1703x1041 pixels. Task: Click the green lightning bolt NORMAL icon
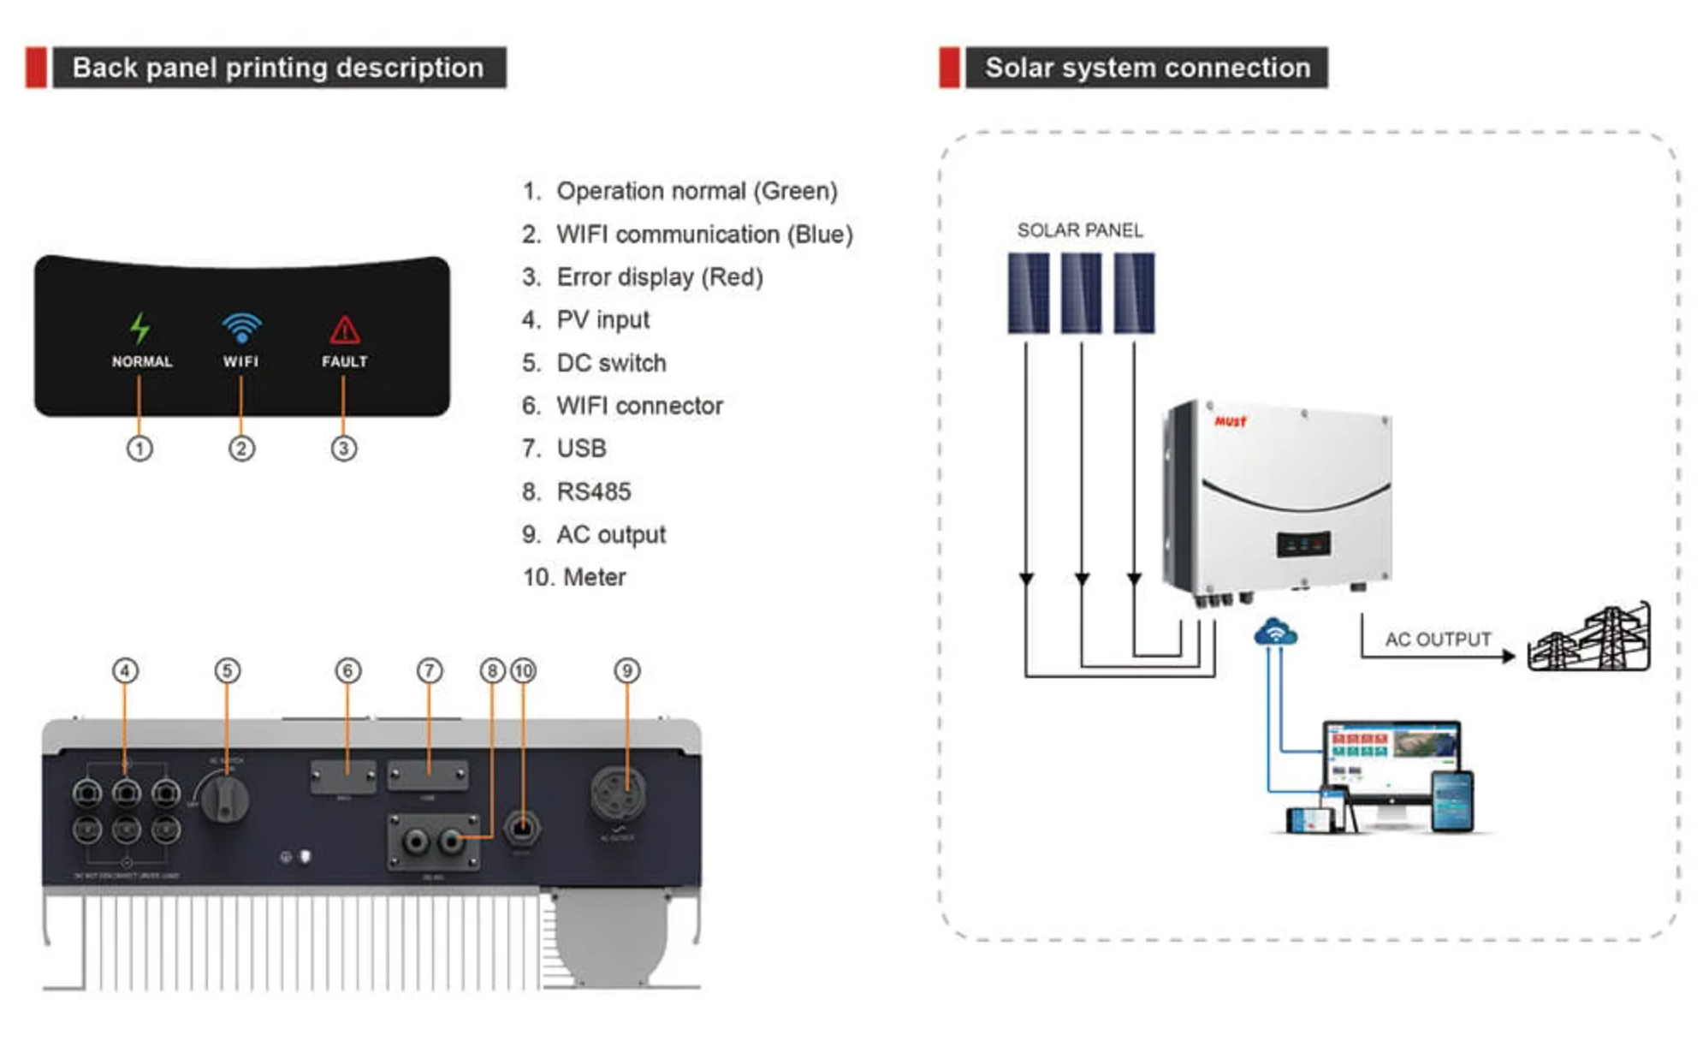tap(139, 328)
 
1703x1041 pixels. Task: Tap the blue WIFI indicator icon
tap(241, 328)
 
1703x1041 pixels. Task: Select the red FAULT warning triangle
tap(344, 330)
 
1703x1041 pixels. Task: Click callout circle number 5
tap(227, 670)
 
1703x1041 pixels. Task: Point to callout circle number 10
tap(523, 670)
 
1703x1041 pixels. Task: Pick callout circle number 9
tap(626, 670)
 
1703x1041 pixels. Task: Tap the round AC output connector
tap(618, 793)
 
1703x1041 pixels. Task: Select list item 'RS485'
tap(593, 491)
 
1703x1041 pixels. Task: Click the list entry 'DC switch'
tap(610, 363)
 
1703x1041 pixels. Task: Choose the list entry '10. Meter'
tap(574, 577)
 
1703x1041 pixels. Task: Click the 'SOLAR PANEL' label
tap(1079, 230)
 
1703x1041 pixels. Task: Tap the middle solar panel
tap(1081, 293)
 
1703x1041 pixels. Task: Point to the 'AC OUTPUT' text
tap(1438, 639)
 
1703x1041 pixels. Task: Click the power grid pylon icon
tap(1590, 639)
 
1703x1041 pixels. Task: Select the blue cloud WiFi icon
tap(1275, 633)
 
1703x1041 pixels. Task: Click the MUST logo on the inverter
tap(1231, 421)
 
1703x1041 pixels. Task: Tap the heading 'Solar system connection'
tap(1147, 68)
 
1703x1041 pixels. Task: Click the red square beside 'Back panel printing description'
tap(36, 68)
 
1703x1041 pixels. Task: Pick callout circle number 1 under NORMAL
tap(139, 449)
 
